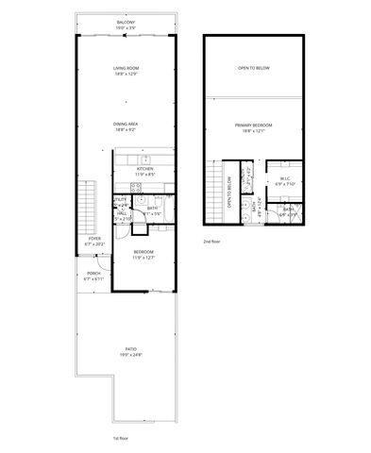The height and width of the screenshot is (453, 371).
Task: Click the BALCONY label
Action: pos(126,21)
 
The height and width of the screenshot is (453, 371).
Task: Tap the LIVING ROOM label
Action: pos(126,68)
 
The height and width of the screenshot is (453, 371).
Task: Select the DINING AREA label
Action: pos(126,124)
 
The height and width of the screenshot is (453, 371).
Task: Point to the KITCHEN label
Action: pos(144,169)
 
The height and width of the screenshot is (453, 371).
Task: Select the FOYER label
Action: pos(94,239)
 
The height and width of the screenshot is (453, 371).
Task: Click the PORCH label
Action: pos(93,275)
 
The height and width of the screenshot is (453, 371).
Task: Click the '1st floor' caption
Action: pos(122,439)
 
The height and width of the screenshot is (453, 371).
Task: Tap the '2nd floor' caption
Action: pos(211,242)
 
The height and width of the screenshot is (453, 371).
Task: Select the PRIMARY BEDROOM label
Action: pos(255,125)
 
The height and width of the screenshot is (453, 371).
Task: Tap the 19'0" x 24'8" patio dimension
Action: pos(130,355)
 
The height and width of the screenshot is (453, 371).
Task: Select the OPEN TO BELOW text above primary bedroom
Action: pos(255,68)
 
